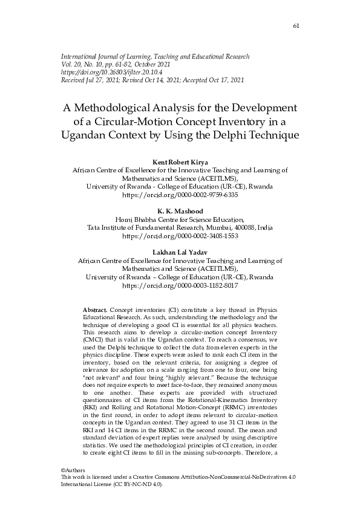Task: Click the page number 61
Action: [x=296, y=25]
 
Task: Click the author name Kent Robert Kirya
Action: [x=180, y=163]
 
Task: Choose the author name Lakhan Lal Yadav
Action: [x=180, y=252]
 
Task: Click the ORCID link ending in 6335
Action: [x=180, y=196]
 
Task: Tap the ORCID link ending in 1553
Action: [x=180, y=236]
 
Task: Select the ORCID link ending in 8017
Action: [x=180, y=285]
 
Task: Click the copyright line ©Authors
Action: [x=73, y=470]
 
